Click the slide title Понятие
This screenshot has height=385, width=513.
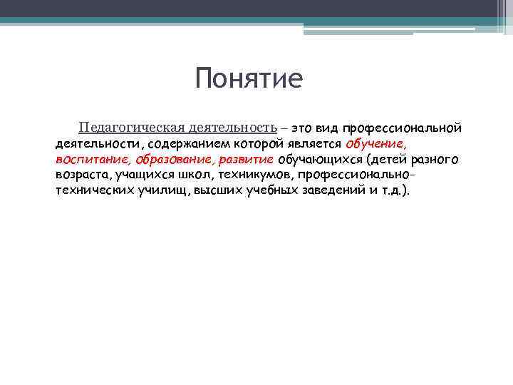[249, 78]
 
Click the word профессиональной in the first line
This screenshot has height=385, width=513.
[402, 128]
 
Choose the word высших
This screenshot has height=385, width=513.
[218, 191]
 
